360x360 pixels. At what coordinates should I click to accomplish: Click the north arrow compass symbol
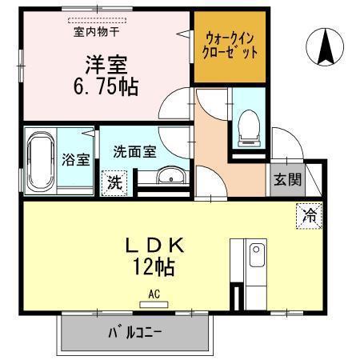click(x=325, y=47)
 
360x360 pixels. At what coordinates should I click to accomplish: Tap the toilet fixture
click(x=249, y=128)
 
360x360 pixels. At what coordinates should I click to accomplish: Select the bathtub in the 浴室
click(x=41, y=161)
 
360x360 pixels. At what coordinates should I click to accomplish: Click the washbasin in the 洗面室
click(x=170, y=175)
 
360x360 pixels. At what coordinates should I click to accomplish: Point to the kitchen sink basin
click(x=257, y=254)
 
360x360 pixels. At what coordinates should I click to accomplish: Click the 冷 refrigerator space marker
click(x=310, y=216)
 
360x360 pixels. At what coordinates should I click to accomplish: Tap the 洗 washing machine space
click(x=114, y=183)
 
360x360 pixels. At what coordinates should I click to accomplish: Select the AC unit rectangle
click(x=154, y=305)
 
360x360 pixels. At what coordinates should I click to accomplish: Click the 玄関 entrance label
click(x=288, y=179)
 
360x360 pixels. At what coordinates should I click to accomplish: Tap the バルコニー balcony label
click(x=135, y=332)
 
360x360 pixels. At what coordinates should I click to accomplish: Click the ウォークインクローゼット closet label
click(x=230, y=46)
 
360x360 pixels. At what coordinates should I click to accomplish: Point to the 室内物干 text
click(x=96, y=32)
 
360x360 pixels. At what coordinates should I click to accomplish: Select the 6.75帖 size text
click(x=106, y=86)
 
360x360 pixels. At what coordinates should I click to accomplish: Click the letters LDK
click(x=154, y=245)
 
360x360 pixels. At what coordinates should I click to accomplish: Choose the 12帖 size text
click(x=154, y=266)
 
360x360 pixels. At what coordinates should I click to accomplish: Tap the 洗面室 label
click(x=134, y=151)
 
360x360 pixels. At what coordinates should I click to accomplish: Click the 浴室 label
click(x=76, y=159)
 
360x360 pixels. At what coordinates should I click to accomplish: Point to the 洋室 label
click(x=106, y=65)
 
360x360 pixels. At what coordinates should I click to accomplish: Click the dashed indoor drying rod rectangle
click(x=97, y=20)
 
